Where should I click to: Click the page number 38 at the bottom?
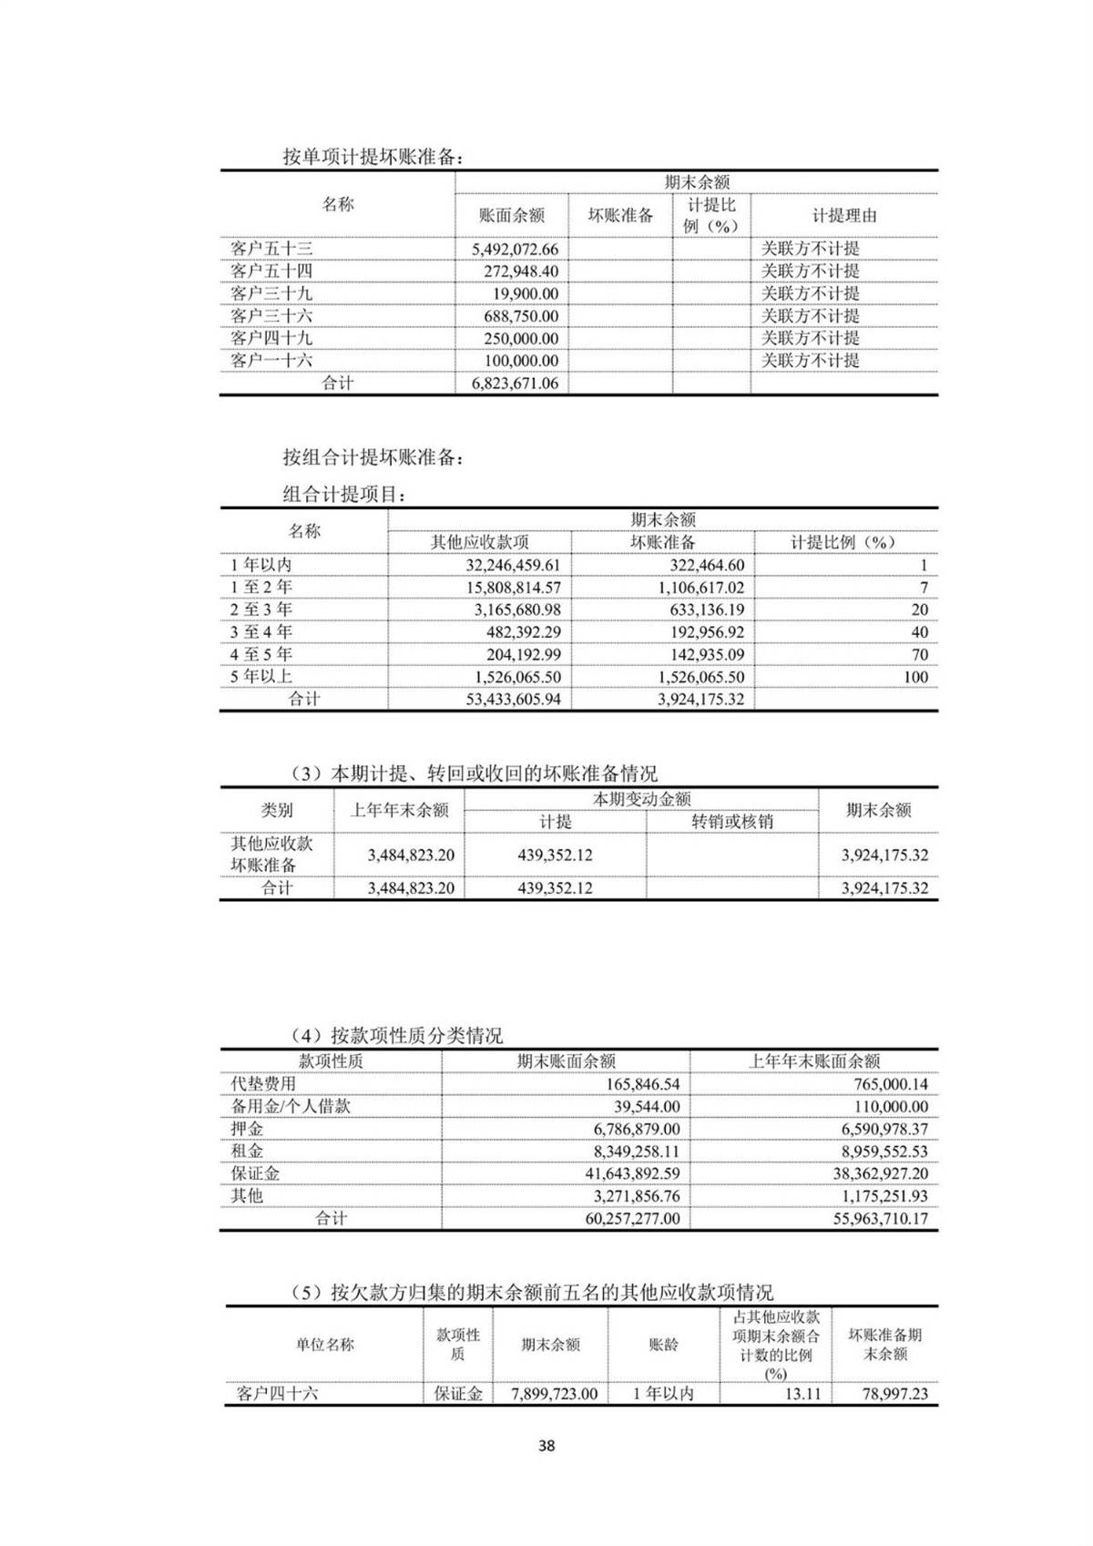coord(546,1445)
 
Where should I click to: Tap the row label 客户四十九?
coord(271,338)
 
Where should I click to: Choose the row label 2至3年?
coord(260,609)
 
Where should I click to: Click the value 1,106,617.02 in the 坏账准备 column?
coord(700,588)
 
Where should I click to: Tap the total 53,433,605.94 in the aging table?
coord(513,700)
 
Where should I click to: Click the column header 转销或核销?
coord(731,821)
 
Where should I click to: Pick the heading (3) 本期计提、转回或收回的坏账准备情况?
coord(474,773)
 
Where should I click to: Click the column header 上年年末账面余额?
coord(813,1060)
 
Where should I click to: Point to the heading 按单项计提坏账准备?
coord(373,157)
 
